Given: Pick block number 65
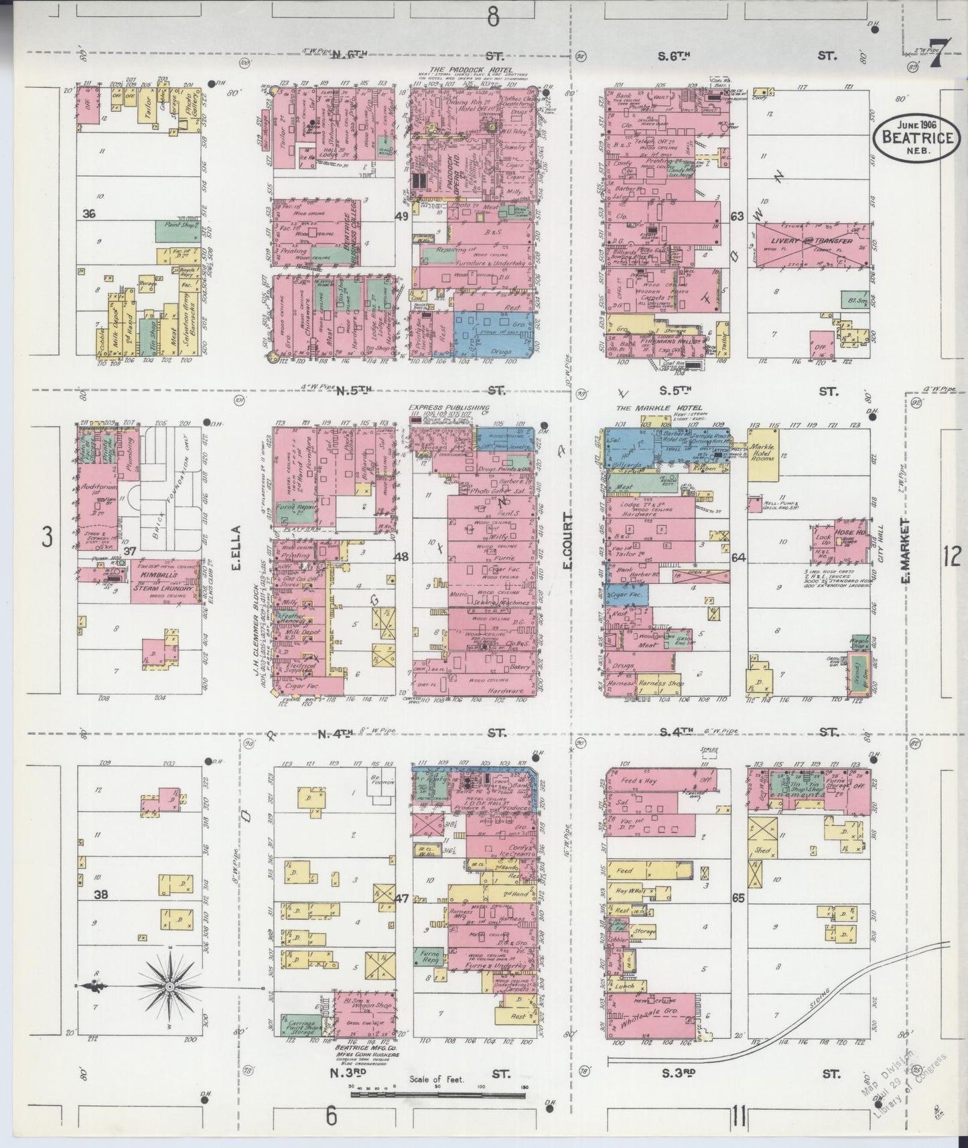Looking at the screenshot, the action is [738, 899].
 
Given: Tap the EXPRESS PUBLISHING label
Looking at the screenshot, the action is [449, 407].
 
